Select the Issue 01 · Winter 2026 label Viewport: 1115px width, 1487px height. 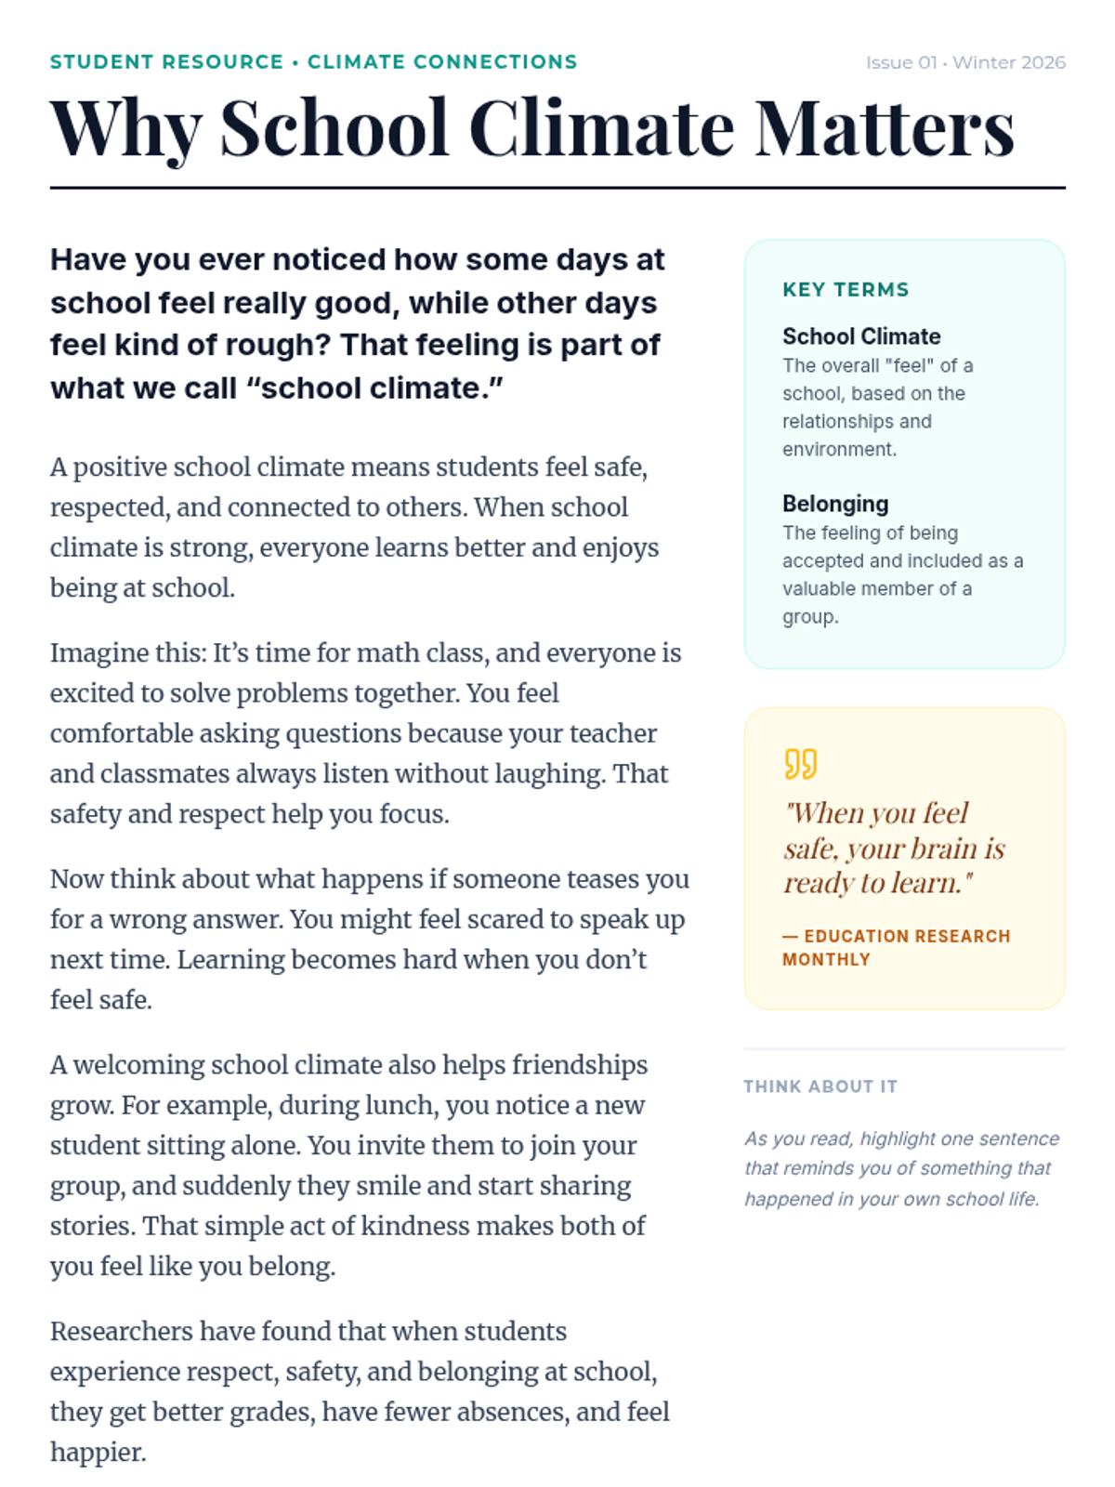[965, 62]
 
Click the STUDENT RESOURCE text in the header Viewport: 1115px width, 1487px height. [166, 62]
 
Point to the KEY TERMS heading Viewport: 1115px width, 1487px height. [846, 290]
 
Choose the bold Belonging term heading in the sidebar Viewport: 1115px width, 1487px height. [835, 504]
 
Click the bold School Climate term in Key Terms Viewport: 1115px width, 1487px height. [861, 336]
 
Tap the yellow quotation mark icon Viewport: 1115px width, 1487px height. [800, 764]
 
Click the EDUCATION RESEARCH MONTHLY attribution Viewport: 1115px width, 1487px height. [896, 947]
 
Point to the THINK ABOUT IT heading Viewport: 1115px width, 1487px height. [820, 1086]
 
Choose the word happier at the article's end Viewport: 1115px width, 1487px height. [98, 1453]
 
